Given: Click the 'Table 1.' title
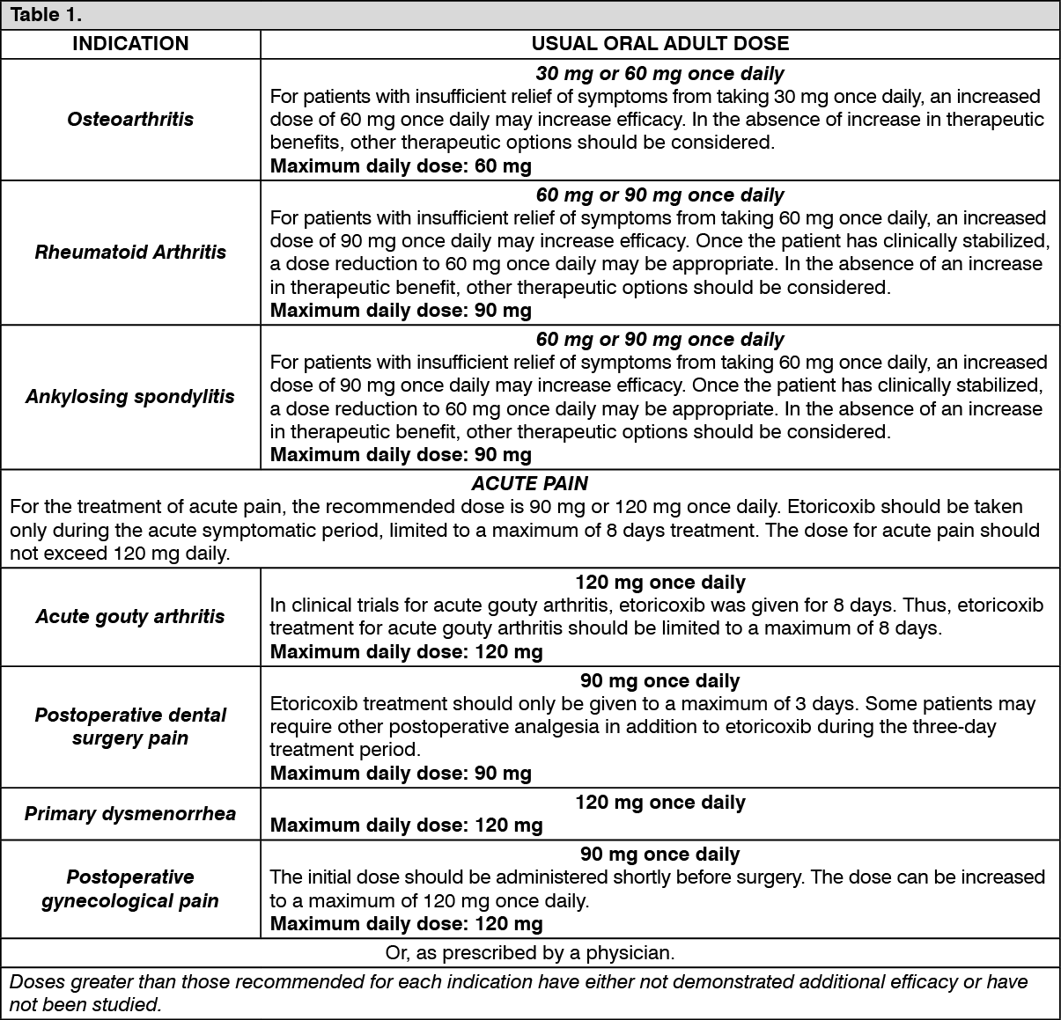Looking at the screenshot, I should (46, 15).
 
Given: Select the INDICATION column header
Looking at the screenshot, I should (130, 44).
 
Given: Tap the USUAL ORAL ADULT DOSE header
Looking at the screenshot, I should (659, 44).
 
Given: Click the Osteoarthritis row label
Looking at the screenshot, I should (130, 119).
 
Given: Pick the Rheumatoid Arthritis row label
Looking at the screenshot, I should (130, 253).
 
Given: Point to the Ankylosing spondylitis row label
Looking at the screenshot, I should (130, 397).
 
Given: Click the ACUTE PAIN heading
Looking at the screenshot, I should (529, 483).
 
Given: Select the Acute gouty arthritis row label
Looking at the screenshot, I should (130, 617).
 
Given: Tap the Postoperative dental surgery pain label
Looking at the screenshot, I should (130, 726).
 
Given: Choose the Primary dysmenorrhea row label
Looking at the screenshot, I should (130, 813).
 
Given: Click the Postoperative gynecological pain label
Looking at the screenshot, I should (130, 889).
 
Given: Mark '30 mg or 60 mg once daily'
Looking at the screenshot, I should (659, 74).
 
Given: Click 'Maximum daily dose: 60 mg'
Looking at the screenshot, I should (401, 165).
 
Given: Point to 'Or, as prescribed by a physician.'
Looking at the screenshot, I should (529, 952).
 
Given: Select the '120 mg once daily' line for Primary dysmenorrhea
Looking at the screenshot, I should (659, 803).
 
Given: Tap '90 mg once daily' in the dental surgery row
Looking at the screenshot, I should (659, 681).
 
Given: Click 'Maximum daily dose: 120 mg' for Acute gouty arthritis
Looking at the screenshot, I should (406, 651).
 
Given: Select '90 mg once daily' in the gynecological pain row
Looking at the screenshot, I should (659, 855).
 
